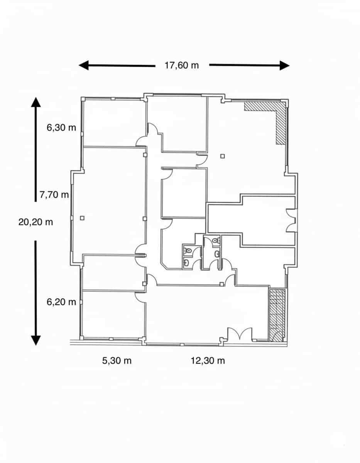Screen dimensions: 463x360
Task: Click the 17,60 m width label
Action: (181, 65)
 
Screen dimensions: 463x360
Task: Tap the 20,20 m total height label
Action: (35, 222)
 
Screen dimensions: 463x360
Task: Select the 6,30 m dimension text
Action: (61, 128)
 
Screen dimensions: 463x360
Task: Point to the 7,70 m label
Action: (54, 194)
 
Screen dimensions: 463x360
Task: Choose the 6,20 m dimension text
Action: (61, 302)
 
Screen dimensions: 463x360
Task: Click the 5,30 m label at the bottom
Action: (117, 361)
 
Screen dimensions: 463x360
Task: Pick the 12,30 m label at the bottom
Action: (208, 361)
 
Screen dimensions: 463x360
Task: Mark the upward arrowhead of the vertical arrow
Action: (35, 102)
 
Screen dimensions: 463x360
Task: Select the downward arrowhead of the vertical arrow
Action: (35, 340)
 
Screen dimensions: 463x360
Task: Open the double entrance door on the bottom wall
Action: (239, 334)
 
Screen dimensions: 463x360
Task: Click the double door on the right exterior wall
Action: (291, 221)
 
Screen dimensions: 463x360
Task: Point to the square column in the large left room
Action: (81, 218)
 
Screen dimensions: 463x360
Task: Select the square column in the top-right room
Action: (222, 156)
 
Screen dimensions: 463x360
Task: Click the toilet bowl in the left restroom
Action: (188, 251)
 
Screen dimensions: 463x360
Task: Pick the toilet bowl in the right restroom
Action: (215, 241)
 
